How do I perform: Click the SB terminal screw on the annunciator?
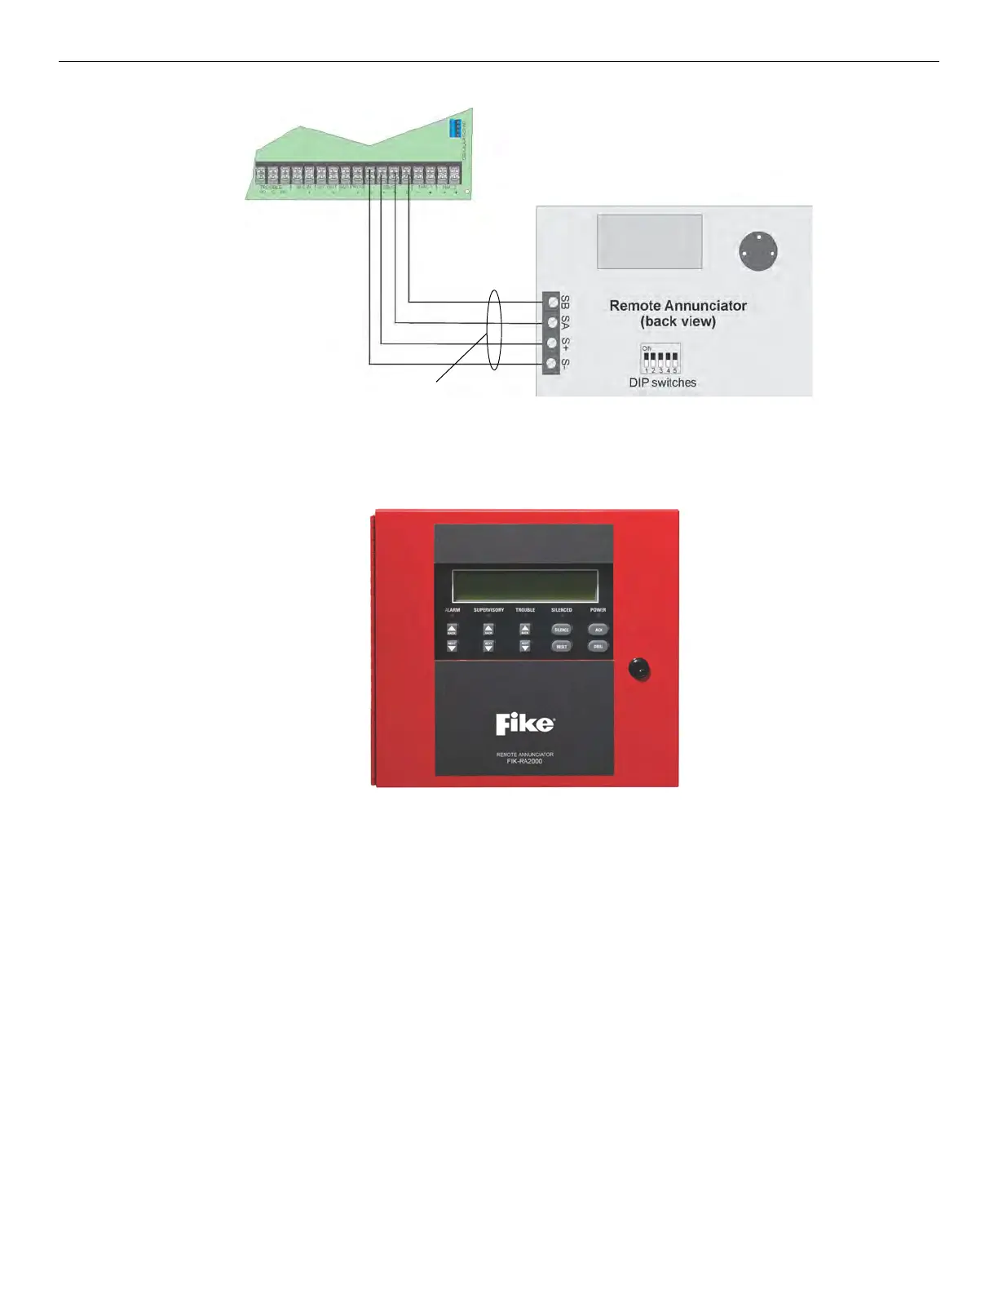pos(552,302)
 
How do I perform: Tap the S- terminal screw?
pos(552,364)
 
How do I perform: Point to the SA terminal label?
pos(566,323)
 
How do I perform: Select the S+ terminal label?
pos(566,343)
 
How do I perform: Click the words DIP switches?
pos(662,383)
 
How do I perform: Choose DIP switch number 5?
pos(675,359)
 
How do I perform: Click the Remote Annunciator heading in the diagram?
pos(678,306)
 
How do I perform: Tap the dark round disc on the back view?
pos(758,251)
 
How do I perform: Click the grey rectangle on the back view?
pos(649,241)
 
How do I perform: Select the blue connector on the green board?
pos(456,128)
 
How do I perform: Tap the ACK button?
pos(598,630)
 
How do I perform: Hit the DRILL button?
pos(598,646)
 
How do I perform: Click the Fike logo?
pos(525,723)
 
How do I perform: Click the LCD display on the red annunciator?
pos(525,586)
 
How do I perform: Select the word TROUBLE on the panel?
pos(525,610)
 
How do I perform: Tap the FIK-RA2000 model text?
pos(525,761)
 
